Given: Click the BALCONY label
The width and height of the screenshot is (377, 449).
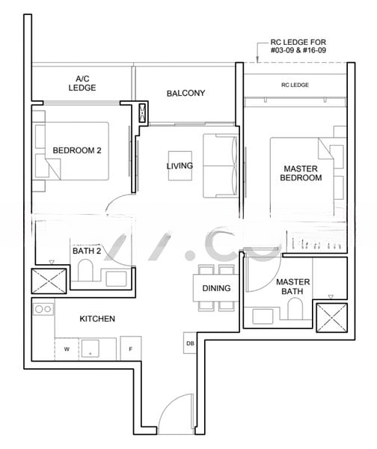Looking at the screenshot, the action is click(186, 93).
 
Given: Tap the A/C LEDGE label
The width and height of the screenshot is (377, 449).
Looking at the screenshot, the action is click(82, 83).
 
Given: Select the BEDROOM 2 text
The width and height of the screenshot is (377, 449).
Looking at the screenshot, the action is click(77, 150).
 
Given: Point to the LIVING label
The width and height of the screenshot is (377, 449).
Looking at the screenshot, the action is click(180, 165).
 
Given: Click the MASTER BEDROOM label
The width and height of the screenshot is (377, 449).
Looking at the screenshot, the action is click(301, 173).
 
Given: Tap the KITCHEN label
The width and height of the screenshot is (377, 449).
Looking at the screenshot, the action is click(97, 319).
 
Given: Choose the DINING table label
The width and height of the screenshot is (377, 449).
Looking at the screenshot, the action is click(216, 288).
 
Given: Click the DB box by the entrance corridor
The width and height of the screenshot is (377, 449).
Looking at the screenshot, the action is click(190, 343).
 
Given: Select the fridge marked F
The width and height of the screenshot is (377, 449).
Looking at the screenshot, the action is click(131, 349).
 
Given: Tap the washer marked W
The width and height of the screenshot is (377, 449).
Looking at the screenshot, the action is click(67, 349).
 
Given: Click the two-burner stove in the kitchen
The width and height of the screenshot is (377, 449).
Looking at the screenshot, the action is click(43, 309).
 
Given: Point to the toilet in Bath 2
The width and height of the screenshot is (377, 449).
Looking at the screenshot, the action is click(85, 270).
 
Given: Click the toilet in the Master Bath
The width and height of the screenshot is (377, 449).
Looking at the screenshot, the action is click(295, 308).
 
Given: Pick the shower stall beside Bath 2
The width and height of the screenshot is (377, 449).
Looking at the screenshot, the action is click(49, 281).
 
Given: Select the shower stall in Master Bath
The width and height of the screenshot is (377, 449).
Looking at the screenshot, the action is click(331, 317).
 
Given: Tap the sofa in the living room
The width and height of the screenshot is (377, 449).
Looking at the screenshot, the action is click(220, 165).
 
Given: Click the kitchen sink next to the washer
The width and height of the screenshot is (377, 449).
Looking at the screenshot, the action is click(91, 348).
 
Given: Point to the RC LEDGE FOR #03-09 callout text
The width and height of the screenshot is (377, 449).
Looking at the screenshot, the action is click(298, 46).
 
